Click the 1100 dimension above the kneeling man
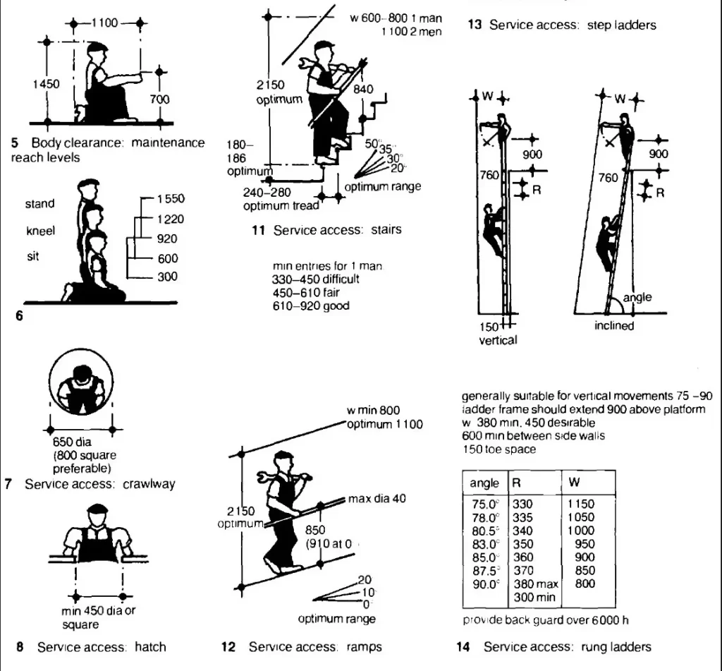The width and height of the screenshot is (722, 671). [x=104, y=23]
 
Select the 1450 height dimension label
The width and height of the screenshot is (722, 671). [x=46, y=84]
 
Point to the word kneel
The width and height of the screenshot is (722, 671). [x=40, y=231]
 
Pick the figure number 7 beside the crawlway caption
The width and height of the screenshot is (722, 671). [x=8, y=484]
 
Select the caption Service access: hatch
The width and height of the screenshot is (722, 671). [x=101, y=646]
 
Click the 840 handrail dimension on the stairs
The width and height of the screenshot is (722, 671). [x=363, y=90]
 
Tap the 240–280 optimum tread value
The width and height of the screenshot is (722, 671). [x=267, y=192]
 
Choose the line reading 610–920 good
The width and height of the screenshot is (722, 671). [x=310, y=306]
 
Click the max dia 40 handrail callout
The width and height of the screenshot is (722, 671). [x=377, y=499]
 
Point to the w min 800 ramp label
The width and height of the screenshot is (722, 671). [x=373, y=411]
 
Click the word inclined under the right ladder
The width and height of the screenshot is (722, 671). [x=613, y=326]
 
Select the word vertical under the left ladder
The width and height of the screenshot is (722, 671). [x=498, y=340]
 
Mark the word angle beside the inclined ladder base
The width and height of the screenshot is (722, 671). [x=637, y=298]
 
